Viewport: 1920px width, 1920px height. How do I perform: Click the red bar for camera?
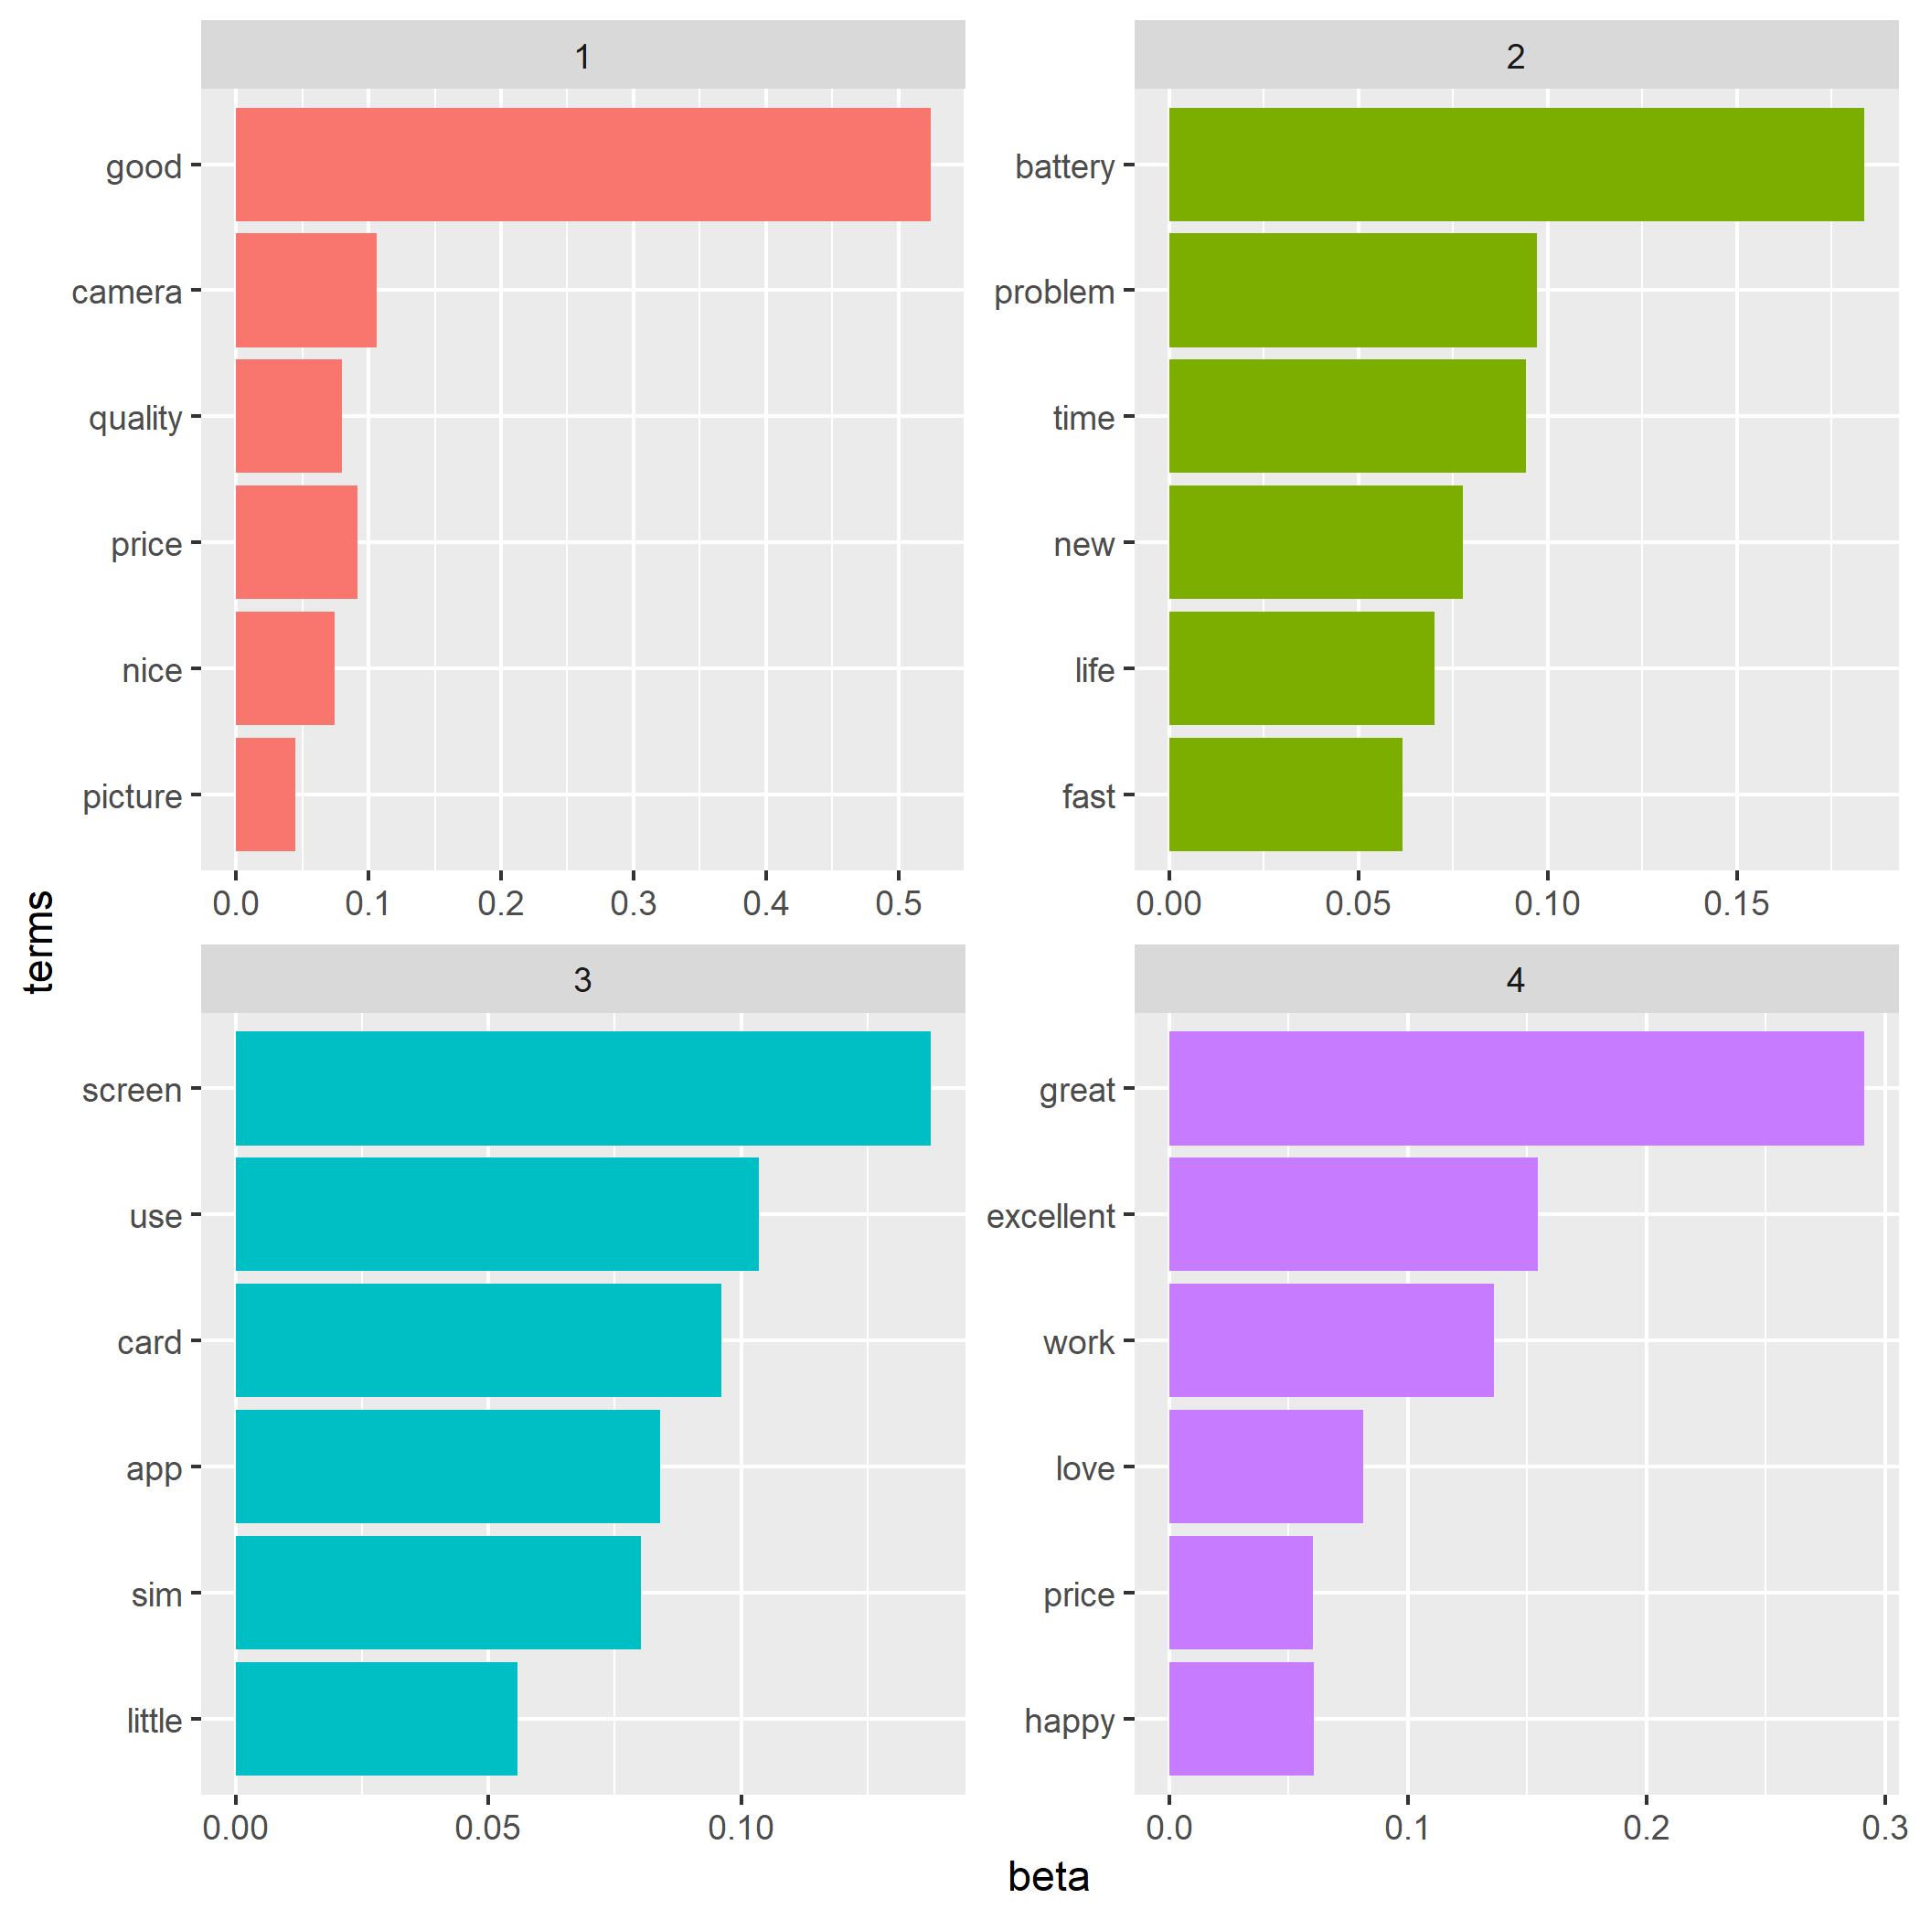click(x=306, y=290)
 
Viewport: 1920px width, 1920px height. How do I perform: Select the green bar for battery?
click(x=1516, y=164)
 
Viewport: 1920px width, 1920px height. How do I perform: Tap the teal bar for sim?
click(x=437, y=1593)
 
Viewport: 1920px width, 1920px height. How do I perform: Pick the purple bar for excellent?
click(x=1352, y=1213)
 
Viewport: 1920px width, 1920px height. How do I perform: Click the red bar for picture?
click(x=265, y=794)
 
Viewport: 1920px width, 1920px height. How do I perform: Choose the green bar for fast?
click(x=1285, y=794)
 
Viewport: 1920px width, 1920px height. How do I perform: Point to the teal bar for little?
click(x=376, y=1719)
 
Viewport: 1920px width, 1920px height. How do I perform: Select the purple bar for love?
click(x=1265, y=1466)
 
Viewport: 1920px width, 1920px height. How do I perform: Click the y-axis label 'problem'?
click(x=1053, y=293)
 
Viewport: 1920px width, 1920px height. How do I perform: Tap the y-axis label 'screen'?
click(x=133, y=1090)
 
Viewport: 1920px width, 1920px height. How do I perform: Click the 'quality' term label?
click(x=135, y=419)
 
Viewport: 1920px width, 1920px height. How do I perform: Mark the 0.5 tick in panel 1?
click(x=899, y=903)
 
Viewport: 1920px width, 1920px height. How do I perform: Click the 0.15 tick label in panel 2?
click(x=1736, y=903)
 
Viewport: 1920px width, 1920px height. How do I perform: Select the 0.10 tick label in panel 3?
click(x=741, y=1827)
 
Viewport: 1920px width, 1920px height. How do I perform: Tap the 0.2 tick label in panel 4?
click(x=1646, y=1827)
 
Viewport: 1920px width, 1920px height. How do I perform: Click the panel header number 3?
click(x=582, y=980)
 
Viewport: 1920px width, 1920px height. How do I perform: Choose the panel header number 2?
click(x=1515, y=57)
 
